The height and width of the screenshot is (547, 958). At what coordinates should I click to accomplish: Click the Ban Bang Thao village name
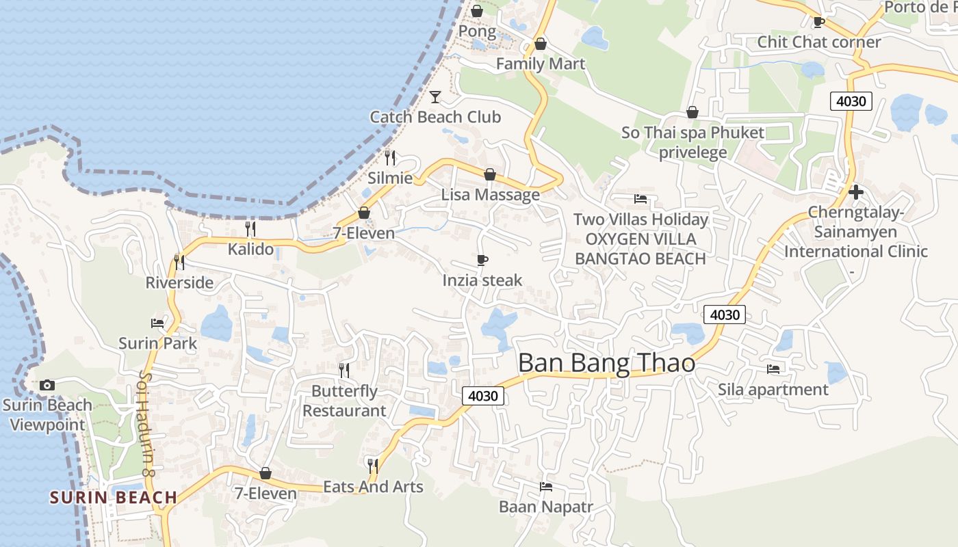click(606, 363)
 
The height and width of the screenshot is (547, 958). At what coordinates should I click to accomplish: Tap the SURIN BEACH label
click(114, 497)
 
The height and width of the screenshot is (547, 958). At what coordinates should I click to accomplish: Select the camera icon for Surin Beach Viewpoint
click(47, 386)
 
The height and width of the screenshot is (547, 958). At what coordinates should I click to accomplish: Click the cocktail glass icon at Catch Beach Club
click(435, 97)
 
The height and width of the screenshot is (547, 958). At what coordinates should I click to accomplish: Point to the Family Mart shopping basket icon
click(541, 44)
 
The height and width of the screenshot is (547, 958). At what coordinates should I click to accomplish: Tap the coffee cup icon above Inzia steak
click(482, 261)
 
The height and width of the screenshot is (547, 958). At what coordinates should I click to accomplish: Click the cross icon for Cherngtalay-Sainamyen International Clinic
click(855, 192)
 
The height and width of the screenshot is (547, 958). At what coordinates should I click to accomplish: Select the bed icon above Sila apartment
click(773, 369)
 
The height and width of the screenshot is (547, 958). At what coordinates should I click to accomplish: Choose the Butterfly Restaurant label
click(344, 401)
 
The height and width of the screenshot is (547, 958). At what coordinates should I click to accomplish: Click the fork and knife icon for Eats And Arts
click(373, 466)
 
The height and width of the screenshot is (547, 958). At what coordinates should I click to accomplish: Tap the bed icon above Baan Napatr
click(545, 487)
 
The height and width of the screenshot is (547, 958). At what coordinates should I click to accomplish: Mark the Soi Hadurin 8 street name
click(145, 424)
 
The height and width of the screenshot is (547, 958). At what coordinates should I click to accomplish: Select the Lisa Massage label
click(490, 195)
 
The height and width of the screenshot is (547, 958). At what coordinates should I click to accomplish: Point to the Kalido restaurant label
click(250, 249)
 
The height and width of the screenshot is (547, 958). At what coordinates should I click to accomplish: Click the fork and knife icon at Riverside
click(179, 263)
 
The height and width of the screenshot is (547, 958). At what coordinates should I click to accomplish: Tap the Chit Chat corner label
click(818, 42)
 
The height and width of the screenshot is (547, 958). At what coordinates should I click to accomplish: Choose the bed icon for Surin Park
click(157, 323)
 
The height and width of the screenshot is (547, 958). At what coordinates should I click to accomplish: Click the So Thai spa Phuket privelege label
click(692, 142)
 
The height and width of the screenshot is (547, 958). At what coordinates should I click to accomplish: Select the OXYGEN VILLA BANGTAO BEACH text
click(640, 249)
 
